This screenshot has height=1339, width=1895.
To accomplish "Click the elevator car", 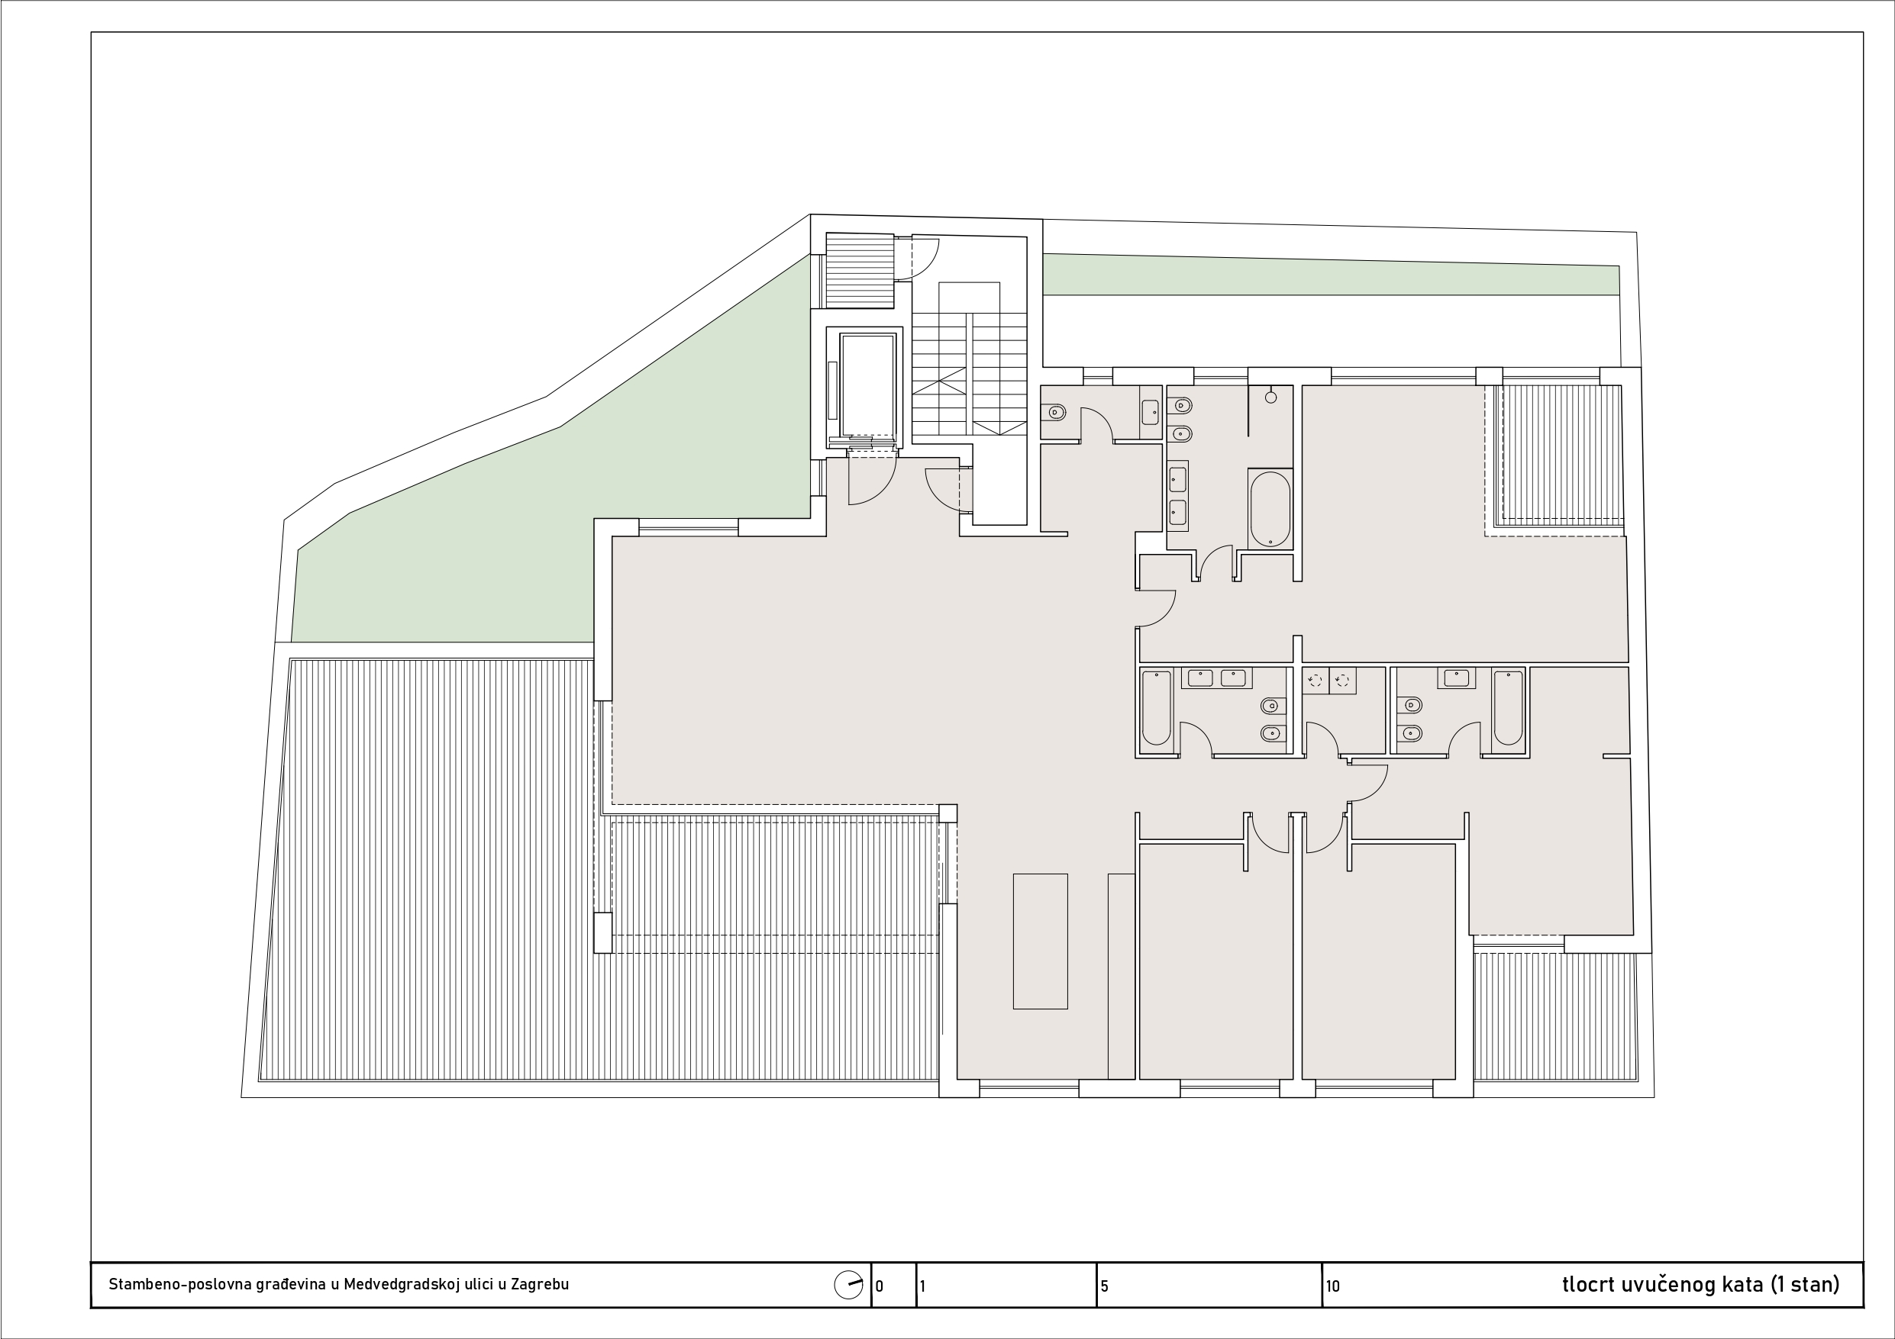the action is click(x=867, y=385).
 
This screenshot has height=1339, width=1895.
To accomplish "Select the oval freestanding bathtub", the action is click(x=1270, y=508).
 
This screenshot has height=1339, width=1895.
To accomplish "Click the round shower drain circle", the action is click(x=1271, y=398).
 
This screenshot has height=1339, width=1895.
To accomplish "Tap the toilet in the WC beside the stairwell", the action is click(x=1054, y=411).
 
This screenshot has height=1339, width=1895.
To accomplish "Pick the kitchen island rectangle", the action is click(x=1040, y=941).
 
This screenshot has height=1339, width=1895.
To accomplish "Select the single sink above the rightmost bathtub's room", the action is click(x=1457, y=678).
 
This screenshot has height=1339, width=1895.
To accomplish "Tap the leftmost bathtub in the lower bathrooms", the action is click(x=1156, y=708).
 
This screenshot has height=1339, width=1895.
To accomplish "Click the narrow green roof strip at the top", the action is click(x=1331, y=275).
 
